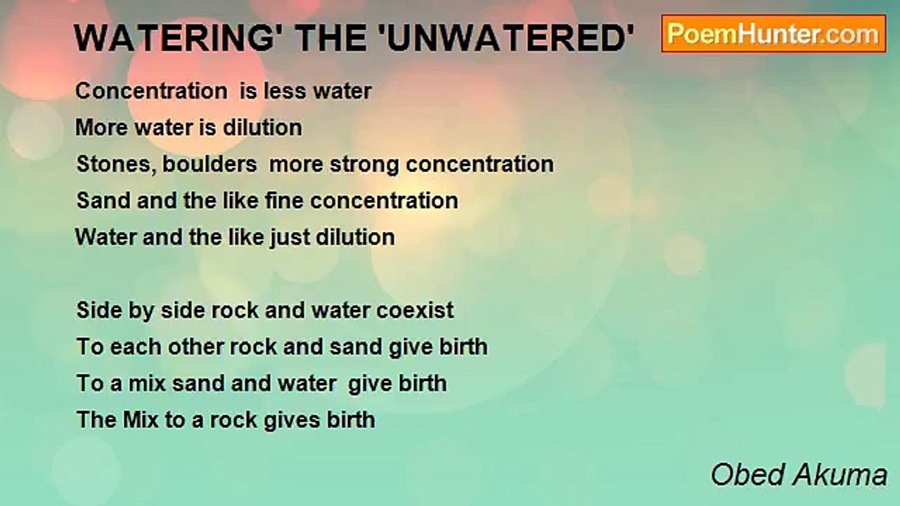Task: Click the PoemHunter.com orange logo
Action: (x=773, y=34)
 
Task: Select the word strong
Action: (x=364, y=165)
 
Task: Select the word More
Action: (x=102, y=128)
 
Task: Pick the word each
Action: (x=136, y=346)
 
